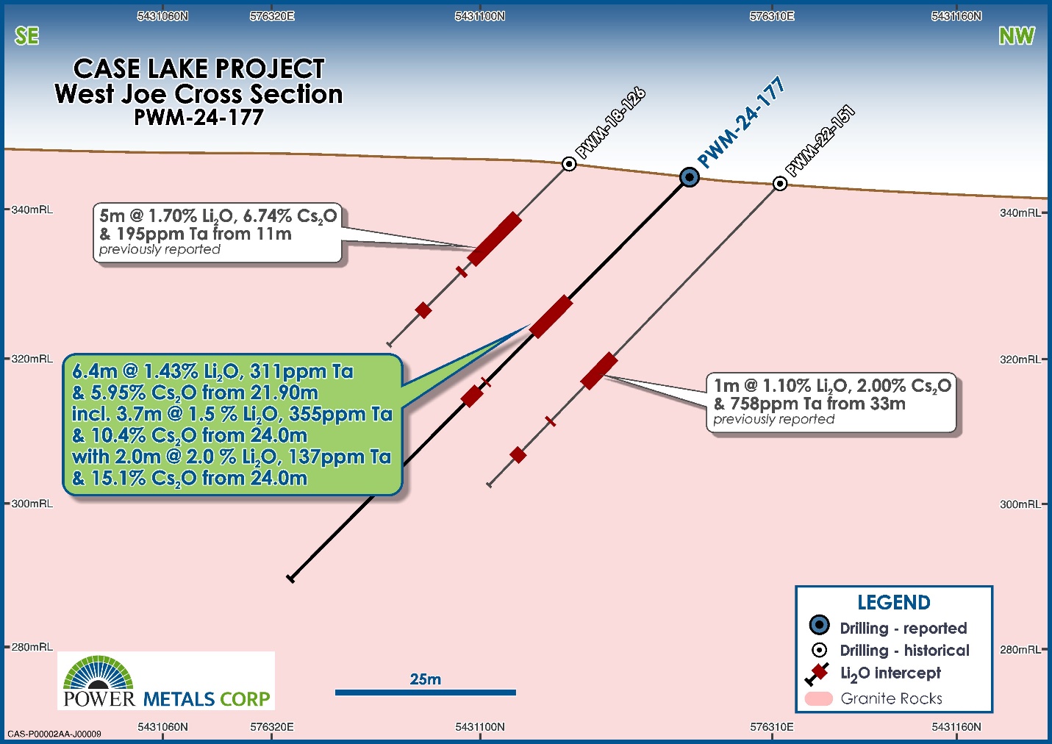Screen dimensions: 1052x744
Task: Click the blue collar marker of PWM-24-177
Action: [x=690, y=178]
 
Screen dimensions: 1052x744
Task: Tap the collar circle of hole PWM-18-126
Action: [x=569, y=164]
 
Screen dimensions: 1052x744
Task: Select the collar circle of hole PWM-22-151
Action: [x=780, y=183]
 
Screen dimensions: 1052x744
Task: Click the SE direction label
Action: [x=26, y=36]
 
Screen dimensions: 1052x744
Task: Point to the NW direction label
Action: [x=1017, y=36]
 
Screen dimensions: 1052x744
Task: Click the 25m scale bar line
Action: [x=426, y=693]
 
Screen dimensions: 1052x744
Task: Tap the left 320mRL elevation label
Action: [x=32, y=359]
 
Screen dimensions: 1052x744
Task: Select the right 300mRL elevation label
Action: [x=1020, y=504]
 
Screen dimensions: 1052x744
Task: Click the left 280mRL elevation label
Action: [x=32, y=647]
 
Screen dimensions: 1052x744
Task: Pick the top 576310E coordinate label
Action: [x=772, y=16]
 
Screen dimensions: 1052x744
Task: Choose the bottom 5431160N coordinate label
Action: [x=956, y=727]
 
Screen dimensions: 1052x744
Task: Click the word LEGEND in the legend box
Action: [x=894, y=603]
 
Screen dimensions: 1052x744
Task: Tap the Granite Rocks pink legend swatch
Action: [x=818, y=698]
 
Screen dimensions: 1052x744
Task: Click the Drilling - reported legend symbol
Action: [x=820, y=625]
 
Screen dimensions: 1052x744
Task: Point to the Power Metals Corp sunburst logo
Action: [x=99, y=673]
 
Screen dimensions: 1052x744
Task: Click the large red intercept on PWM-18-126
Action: [x=495, y=239]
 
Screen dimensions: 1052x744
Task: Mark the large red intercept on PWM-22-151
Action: [x=599, y=371]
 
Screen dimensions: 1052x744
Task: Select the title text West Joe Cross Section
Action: [x=198, y=94]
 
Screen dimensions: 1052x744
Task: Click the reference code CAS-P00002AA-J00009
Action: [x=54, y=734]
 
